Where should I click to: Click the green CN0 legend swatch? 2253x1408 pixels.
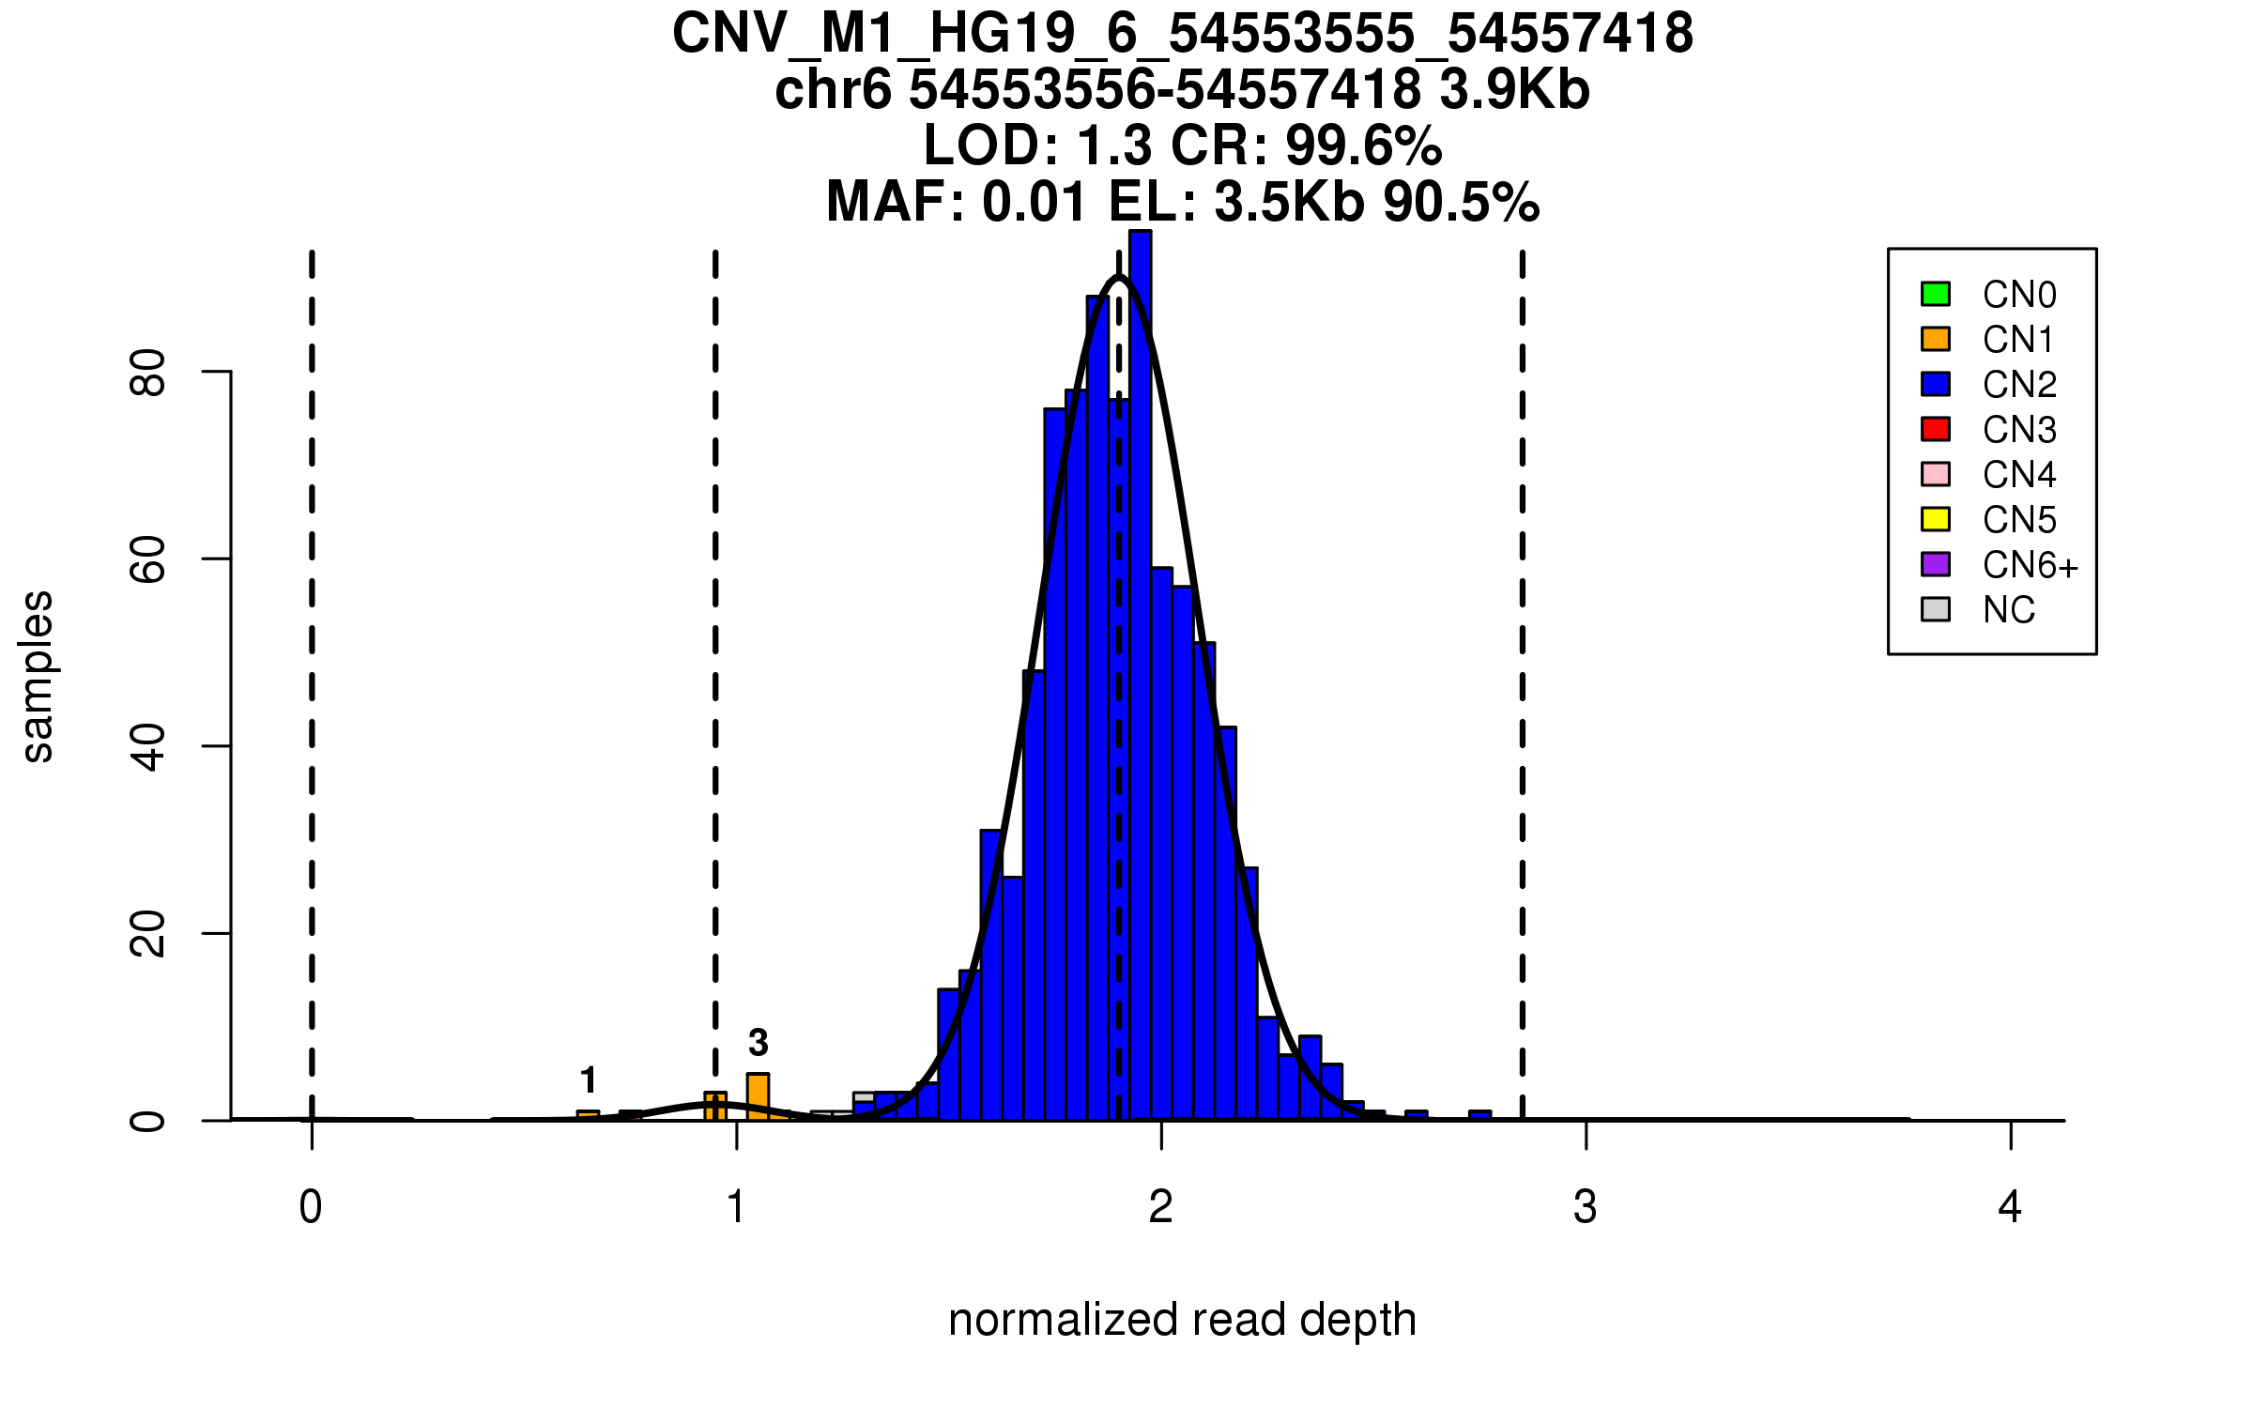(x=1936, y=294)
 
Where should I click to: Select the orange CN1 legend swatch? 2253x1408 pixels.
(x=1936, y=339)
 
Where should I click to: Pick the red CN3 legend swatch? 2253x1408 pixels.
(x=1936, y=429)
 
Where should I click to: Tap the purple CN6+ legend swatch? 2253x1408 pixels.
(x=1936, y=564)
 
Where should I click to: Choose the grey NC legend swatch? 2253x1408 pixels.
(x=1936, y=609)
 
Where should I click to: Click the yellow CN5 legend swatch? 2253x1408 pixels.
(x=1936, y=519)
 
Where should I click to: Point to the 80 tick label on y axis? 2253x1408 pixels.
(x=147, y=373)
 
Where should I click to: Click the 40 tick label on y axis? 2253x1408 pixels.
(x=147, y=747)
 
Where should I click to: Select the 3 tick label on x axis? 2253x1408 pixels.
(x=1586, y=1207)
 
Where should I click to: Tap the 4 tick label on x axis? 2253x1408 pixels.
(x=2010, y=1207)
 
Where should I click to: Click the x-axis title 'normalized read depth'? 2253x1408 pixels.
(x=1182, y=1320)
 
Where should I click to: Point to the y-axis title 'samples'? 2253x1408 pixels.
(x=38, y=676)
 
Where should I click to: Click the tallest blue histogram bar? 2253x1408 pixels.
(x=1141, y=676)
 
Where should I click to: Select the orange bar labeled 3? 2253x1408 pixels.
(x=759, y=1096)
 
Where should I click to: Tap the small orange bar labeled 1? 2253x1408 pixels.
(x=589, y=1115)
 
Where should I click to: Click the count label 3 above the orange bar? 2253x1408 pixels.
(x=759, y=1043)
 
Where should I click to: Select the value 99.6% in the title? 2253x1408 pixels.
(x=1364, y=145)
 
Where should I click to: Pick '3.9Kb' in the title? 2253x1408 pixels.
(x=1514, y=90)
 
